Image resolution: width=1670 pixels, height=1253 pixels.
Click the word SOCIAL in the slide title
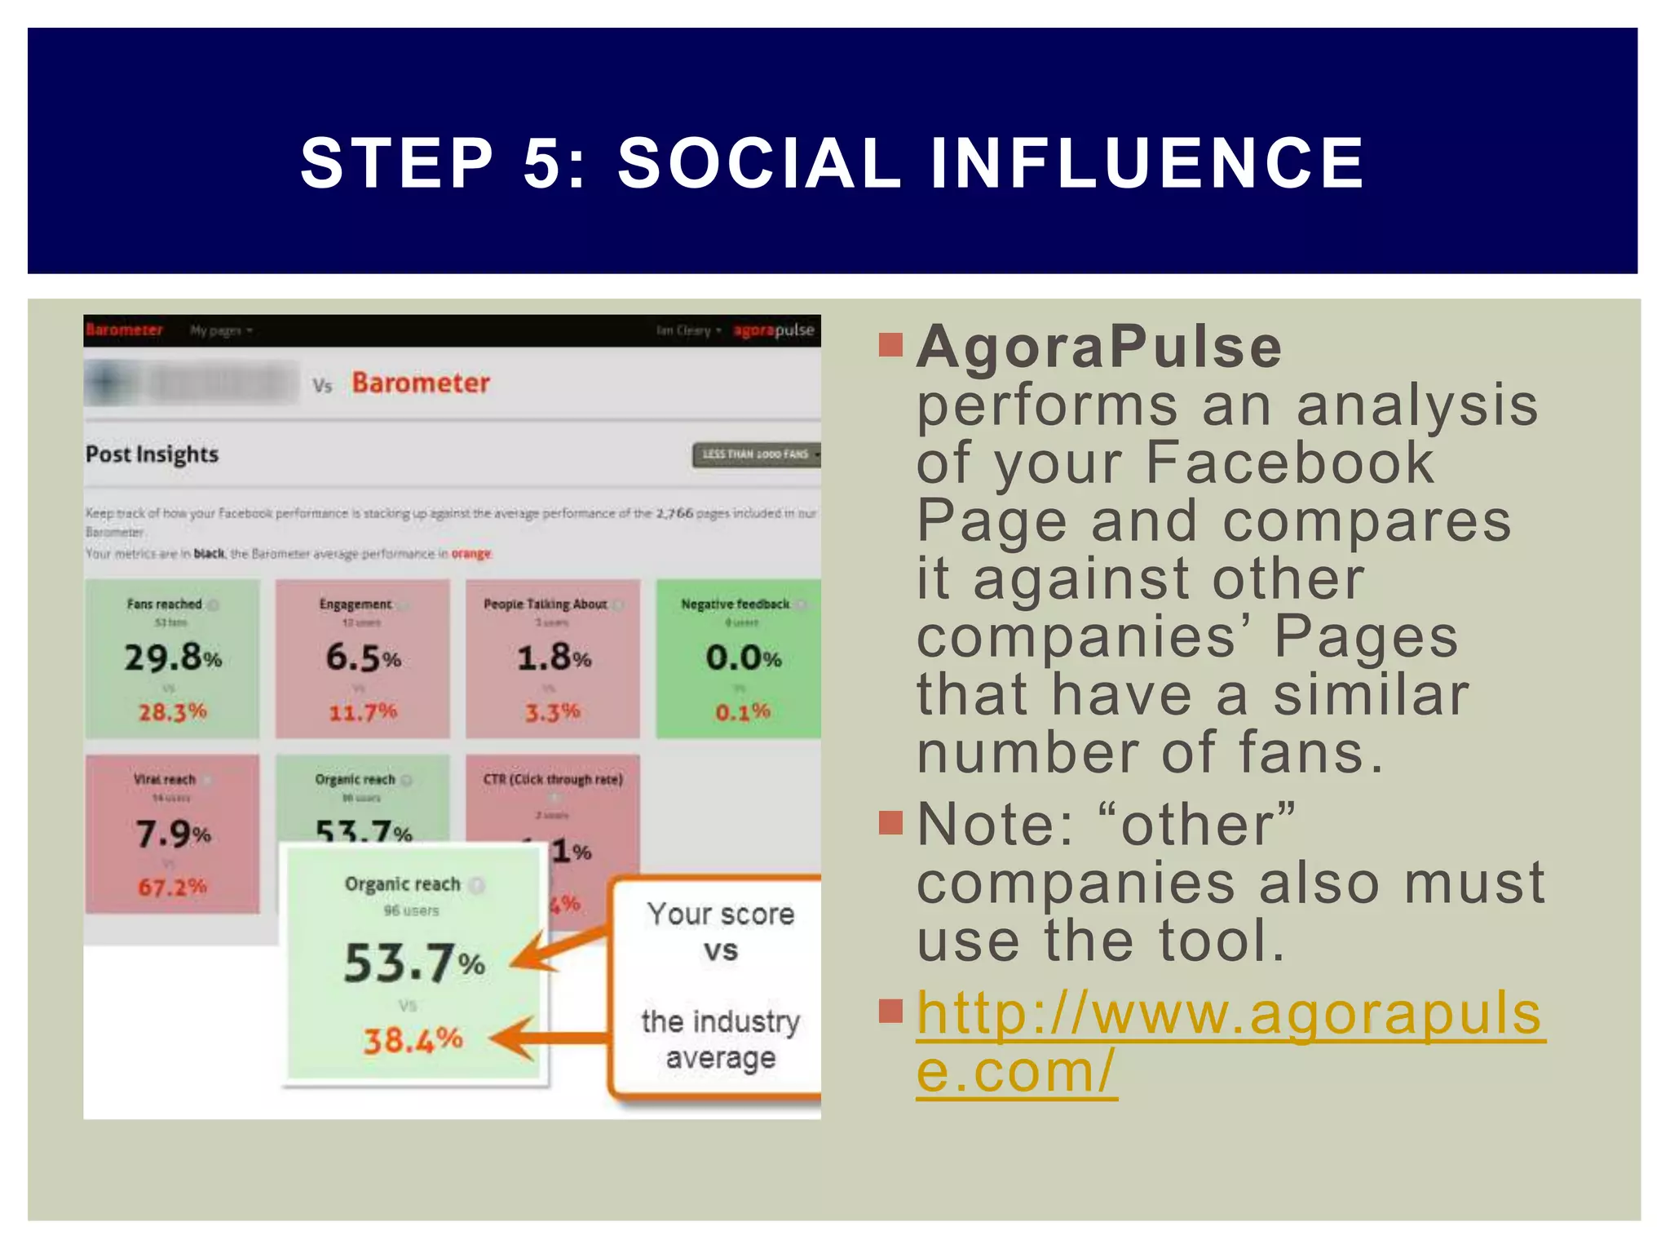[758, 162]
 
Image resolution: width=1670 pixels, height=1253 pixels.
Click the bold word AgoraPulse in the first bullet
[1099, 348]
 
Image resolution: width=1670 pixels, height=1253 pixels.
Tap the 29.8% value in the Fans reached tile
[173, 657]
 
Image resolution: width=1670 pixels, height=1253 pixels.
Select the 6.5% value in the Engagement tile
[363, 657]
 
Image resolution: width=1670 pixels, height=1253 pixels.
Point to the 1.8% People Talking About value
[554, 657]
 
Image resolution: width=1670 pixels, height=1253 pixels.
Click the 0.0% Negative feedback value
[744, 657]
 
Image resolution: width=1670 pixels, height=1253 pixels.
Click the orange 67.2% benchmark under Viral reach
[172, 887]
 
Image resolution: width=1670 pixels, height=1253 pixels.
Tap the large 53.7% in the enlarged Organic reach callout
[414, 963]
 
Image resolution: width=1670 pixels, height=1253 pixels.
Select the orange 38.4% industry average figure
[413, 1040]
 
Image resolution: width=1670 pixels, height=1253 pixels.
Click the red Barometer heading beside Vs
[421, 383]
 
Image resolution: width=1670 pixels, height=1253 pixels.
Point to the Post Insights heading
[152, 454]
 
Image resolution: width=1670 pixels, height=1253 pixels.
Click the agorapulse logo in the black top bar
[773, 330]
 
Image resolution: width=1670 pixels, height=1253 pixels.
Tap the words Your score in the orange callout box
[721, 914]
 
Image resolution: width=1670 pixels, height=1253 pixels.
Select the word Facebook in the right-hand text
[1289, 463]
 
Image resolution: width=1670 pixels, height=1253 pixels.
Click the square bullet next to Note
[890, 822]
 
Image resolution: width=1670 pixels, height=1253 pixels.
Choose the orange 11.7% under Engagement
[363, 712]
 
